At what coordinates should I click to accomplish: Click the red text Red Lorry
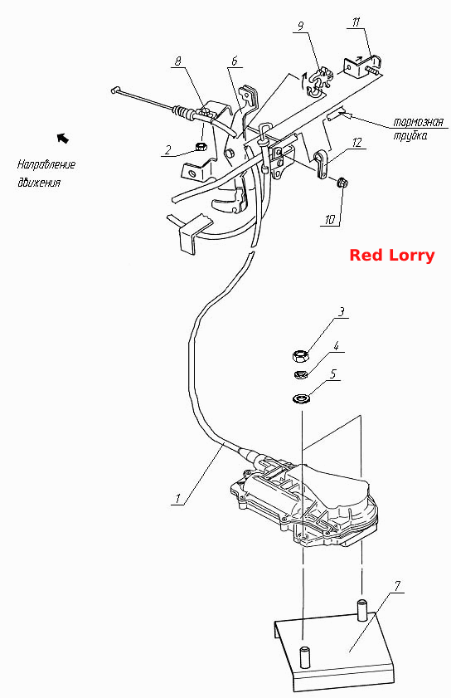[x=392, y=256]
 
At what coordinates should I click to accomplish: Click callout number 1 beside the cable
[x=178, y=498]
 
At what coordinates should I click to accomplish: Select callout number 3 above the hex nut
[x=341, y=311]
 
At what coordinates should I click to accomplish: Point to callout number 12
[x=356, y=143]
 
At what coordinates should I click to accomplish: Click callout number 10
[x=330, y=219]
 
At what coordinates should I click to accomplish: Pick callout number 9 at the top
[x=301, y=27]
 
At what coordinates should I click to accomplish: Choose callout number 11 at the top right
[x=356, y=22]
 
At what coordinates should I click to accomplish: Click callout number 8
[x=178, y=61]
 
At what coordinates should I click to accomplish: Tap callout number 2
[x=167, y=150]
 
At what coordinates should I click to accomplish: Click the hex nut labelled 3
[x=301, y=356]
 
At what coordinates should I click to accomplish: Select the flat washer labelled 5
[x=301, y=398]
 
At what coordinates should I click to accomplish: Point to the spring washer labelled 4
[x=301, y=374]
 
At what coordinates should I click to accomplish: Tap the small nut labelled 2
[x=201, y=146]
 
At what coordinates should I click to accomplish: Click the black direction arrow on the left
[x=63, y=138]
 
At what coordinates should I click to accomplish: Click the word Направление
[x=46, y=164]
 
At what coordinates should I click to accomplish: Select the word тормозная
[x=418, y=122]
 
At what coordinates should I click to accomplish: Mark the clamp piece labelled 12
[x=322, y=164]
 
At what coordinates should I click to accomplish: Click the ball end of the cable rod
[x=114, y=90]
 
